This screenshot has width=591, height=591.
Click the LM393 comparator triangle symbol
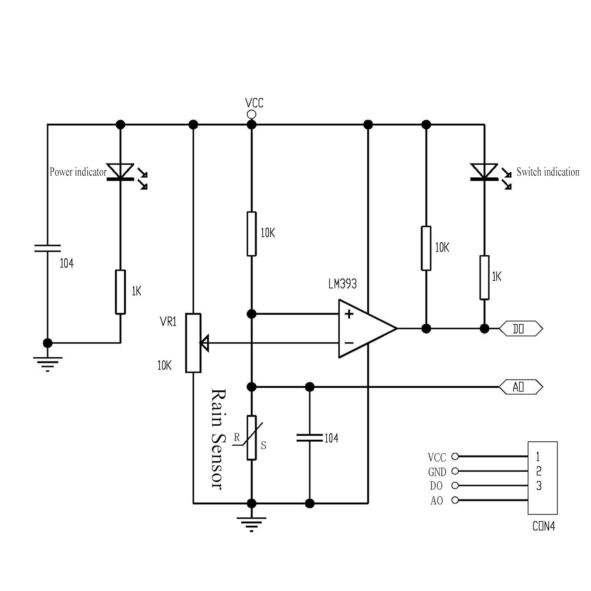pyautogui.click(x=364, y=328)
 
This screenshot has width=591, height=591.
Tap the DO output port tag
pyautogui.click(x=520, y=329)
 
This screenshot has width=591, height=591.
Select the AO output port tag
pyautogui.click(x=520, y=387)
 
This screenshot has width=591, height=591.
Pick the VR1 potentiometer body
pyautogui.click(x=193, y=343)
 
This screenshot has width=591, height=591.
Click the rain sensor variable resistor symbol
pyautogui.click(x=251, y=437)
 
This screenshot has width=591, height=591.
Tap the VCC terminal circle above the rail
pyautogui.click(x=251, y=115)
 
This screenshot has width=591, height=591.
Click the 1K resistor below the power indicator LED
pyautogui.click(x=120, y=292)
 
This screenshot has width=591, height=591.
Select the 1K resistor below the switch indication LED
pyautogui.click(x=484, y=277)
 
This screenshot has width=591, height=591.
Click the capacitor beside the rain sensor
pyautogui.click(x=310, y=437)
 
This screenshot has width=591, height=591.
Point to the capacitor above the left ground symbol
pyautogui.click(x=47, y=248)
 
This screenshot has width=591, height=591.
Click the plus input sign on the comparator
pyautogui.click(x=349, y=314)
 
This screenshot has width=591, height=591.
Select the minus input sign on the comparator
pyautogui.click(x=349, y=343)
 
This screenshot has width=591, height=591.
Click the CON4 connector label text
pyautogui.click(x=543, y=526)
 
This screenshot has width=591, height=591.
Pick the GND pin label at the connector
pyautogui.click(x=437, y=472)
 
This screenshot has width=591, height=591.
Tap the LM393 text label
pyautogui.click(x=342, y=284)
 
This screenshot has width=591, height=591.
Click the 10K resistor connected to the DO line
pyautogui.click(x=426, y=248)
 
